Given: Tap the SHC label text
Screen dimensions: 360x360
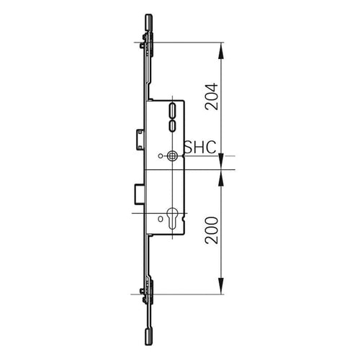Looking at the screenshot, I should click(200, 147).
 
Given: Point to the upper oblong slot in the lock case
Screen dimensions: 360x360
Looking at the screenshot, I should click(171, 110).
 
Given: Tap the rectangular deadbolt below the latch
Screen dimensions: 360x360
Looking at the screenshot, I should click(137, 193).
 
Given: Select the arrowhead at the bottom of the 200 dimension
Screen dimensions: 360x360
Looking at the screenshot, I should click(222, 289).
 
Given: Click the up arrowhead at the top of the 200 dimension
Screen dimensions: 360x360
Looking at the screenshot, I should click(222, 174).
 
